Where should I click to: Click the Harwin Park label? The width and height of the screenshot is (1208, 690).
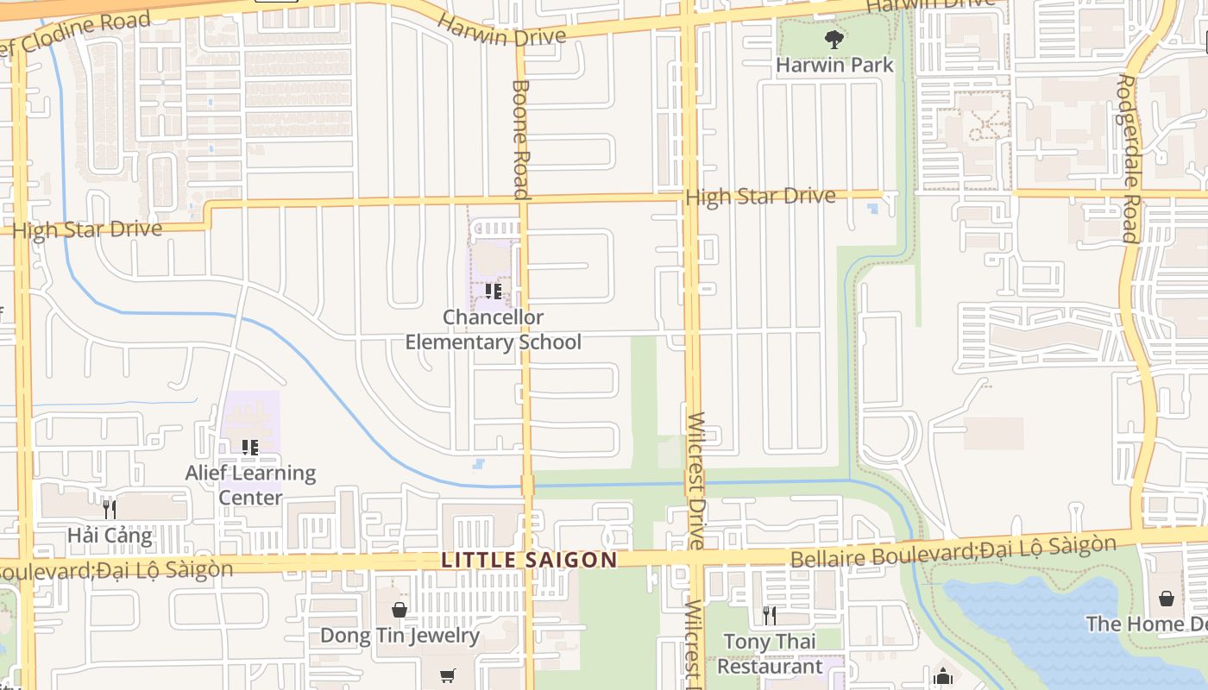tap(834, 65)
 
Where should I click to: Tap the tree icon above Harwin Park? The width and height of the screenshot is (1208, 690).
tap(834, 39)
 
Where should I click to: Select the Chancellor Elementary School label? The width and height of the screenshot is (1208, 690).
tap(494, 329)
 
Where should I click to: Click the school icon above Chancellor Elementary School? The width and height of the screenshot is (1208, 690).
tap(493, 292)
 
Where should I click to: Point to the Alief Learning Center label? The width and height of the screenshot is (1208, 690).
tap(250, 485)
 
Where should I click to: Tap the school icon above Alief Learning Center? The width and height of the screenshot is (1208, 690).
tap(250, 447)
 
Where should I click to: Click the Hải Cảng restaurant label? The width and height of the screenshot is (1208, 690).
tap(110, 536)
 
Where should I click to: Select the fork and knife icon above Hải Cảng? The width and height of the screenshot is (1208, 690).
tap(109, 509)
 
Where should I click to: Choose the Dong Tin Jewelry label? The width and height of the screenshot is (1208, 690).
tap(400, 636)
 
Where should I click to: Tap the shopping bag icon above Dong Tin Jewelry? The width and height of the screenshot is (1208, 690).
tap(399, 610)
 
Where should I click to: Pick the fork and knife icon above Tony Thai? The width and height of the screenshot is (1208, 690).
tap(769, 615)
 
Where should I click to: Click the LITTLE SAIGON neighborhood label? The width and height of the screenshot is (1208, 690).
tap(529, 560)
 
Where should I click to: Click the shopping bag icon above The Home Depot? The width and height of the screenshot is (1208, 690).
tap(1167, 598)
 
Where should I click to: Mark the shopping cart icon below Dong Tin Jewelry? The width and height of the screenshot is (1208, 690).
tap(447, 675)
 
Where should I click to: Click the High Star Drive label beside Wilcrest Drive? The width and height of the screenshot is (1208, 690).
tap(760, 197)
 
